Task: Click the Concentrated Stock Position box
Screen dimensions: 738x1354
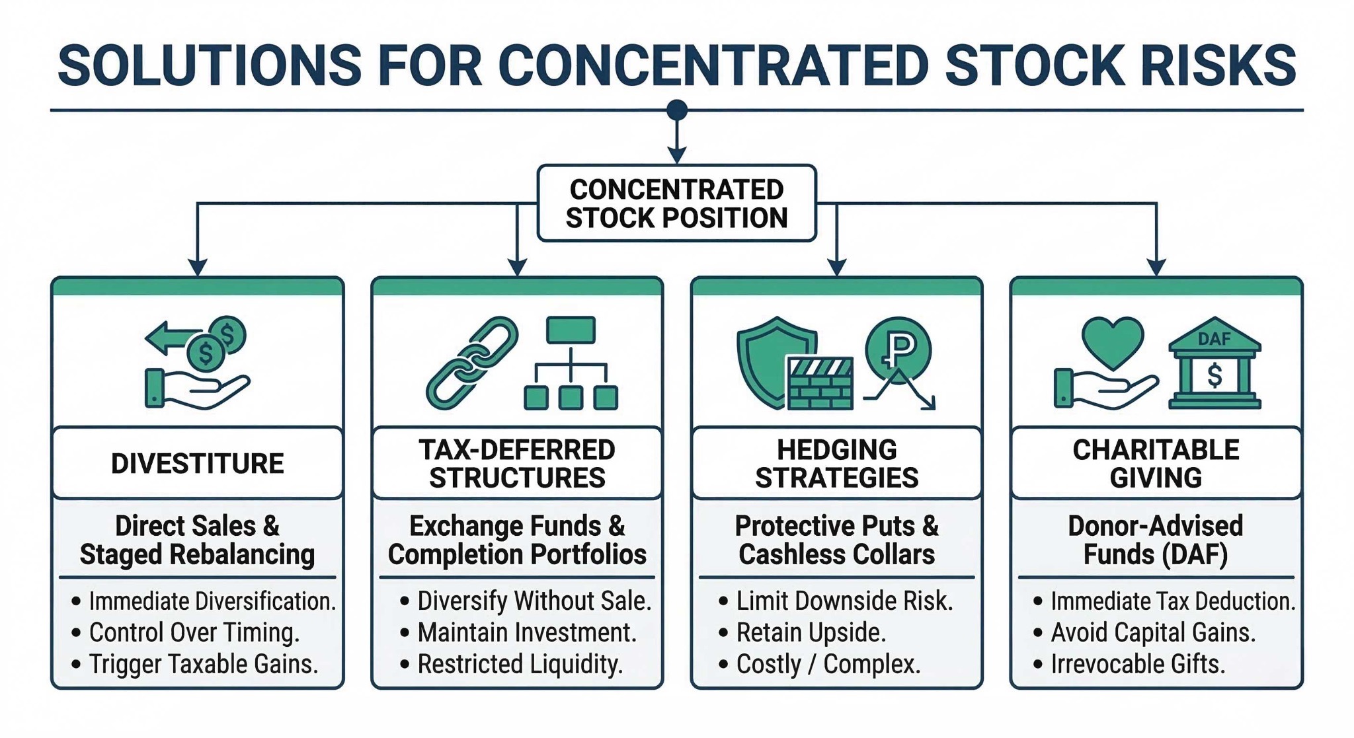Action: click(x=676, y=203)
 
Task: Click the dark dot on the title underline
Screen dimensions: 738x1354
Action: click(x=676, y=110)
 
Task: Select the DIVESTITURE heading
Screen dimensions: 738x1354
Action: click(x=197, y=463)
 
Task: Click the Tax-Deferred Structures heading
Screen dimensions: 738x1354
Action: click(x=517, y=463)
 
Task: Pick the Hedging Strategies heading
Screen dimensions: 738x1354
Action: click(x=836, y=463)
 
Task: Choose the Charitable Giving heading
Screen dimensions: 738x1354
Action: click(x=1156, y=463)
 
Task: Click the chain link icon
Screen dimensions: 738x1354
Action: click(x=472, y=363)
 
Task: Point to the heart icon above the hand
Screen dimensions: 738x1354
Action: click(x=1113, y=342)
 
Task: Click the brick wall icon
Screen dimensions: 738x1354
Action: click(x=820, y=383)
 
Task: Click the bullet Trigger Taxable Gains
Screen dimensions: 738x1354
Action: click(x=203, y=664)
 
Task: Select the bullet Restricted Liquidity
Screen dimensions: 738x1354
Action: click(x=520, y=664)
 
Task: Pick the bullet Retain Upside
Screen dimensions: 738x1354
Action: click(x=811, y=632)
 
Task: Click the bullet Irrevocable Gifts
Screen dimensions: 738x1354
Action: click(x=1137, y=664)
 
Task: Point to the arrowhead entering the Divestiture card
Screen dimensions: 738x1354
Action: click(x=197, y=267)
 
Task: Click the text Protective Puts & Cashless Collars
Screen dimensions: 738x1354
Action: click(x=836, y=540)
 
